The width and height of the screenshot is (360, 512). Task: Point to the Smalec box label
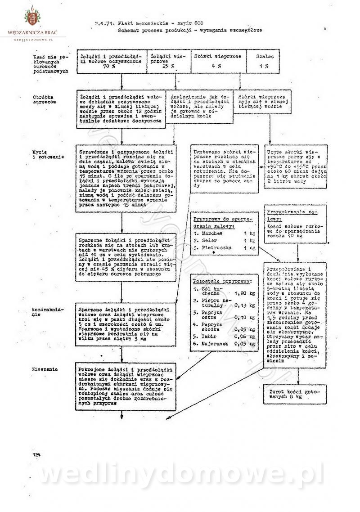[x=264, y=57]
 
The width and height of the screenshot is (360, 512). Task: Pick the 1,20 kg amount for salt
[x=245, y=293]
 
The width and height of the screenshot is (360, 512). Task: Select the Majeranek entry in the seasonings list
[x=214, y=344]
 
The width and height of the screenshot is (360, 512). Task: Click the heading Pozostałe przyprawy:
[x=222, y=281]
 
